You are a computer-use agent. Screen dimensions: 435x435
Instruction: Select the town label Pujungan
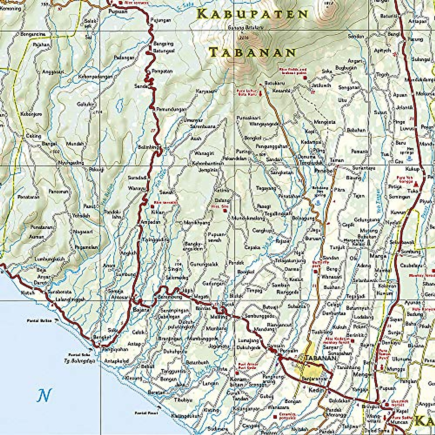pyautogui.click(x=160, y=20)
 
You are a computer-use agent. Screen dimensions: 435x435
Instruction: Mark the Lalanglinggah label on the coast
pyautogui.click(x=71, y=299)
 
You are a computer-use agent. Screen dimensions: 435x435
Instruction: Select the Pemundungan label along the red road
pyautogui.click(x=171, y=109)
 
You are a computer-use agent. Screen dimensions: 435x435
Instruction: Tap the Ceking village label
pyautogui.click(x=33, y=136)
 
